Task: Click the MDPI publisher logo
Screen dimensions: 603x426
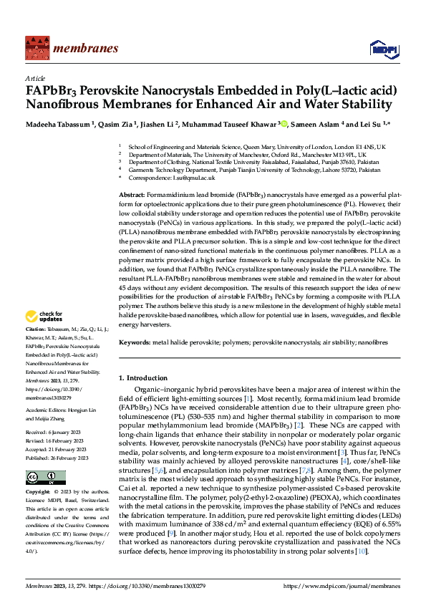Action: coord(381,48)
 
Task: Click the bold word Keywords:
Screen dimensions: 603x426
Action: coord(134,344)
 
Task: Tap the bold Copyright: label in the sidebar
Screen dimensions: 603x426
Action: coord(39,493)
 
